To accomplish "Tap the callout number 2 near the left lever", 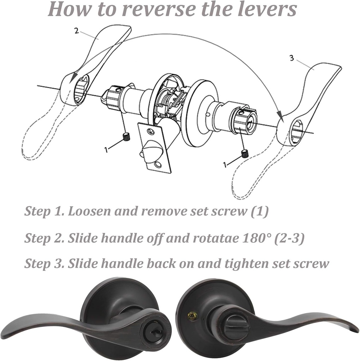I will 77,31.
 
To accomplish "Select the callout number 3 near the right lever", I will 292,58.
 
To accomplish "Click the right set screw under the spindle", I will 245,153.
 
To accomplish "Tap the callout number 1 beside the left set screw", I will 106,149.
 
